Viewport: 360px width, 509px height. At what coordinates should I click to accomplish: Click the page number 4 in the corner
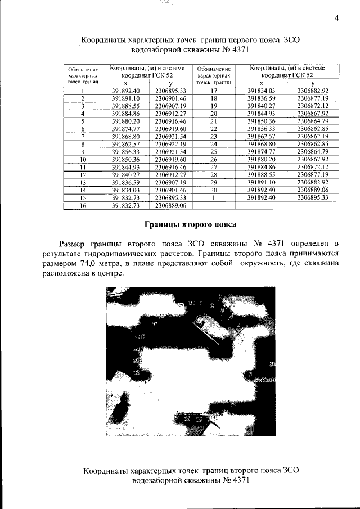(x=336, y=17)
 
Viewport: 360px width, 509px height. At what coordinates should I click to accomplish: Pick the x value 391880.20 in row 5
(x=125, y=121)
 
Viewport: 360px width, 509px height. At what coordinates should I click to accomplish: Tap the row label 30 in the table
(x=213, y=191)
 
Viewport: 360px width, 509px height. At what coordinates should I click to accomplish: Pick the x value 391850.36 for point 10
(x=125, y=160)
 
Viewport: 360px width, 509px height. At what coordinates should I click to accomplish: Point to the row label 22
(x=213, y=129)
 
